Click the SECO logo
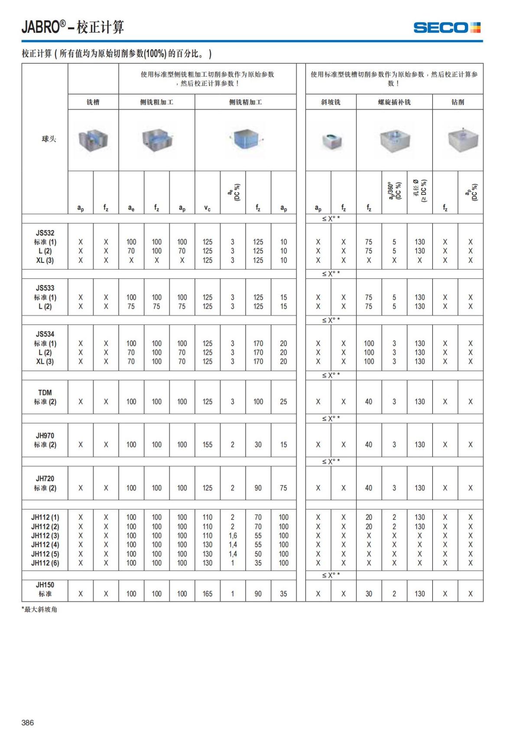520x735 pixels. pos(447,28)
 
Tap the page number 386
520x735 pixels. pos(28,722)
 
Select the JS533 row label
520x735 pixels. pos(45,288)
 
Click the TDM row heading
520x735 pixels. pos(45,392)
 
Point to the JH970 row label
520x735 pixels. pos(45,436)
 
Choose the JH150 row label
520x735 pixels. pos(45,585)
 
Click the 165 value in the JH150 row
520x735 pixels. pos(208,594)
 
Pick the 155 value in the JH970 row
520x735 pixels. pos(208,445)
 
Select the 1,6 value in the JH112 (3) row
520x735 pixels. pos(233,536)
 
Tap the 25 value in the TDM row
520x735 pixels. pos(283,402)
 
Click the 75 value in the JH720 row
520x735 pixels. pos(283,488)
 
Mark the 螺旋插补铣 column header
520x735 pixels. pos(394,102)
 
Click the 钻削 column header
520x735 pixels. pos(458,102)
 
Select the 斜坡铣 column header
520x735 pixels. pos(331,102)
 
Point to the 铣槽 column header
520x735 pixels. pos(93,102)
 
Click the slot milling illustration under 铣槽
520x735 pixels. pos(93,140)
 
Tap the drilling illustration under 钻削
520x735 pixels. pos(463,140)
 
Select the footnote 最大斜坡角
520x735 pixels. pos(40,609)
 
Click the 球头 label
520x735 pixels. pos(49,139)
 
